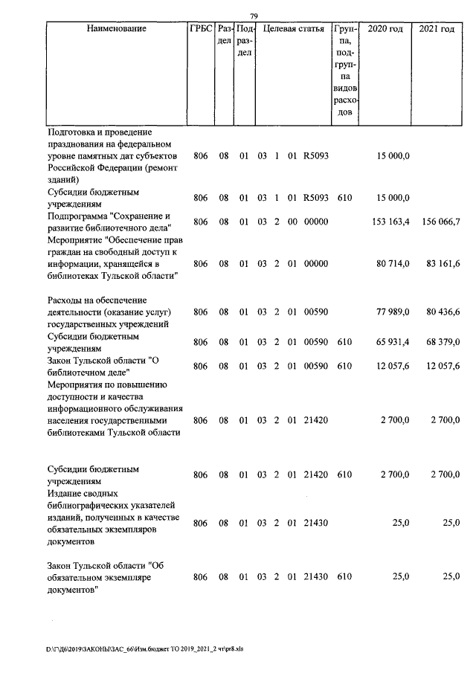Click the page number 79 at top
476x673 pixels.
pos(254,16)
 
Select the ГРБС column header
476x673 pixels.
pos(201,29)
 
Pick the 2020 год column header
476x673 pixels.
pos(385,29)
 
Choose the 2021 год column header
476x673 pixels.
pos(437,29)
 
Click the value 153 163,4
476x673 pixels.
pos(390,222)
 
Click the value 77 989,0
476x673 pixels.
pos(393,312)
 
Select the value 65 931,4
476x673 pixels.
pos(393,342)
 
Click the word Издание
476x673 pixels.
pos(65,493)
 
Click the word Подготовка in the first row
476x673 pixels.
pos(72,132)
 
